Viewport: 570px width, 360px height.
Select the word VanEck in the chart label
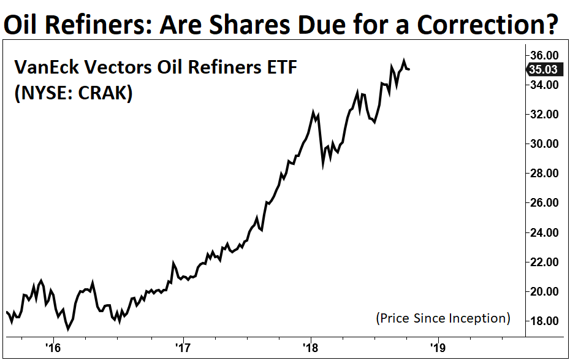pos(45,67)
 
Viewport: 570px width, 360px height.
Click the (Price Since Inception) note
pos(443,318)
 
